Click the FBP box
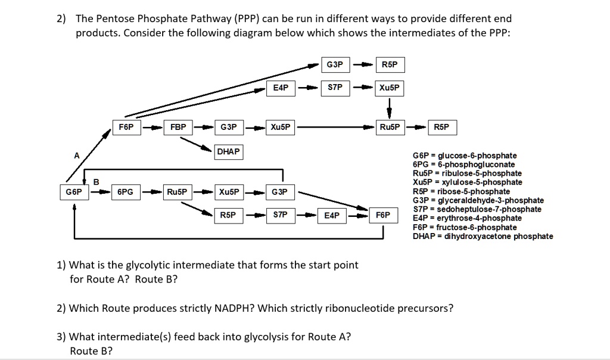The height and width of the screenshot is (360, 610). (x=178, y=128)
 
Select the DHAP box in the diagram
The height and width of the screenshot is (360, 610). (x=228, y=151)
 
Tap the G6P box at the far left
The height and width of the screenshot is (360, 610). (x=74, y=192)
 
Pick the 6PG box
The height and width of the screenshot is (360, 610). (x=125, y=192)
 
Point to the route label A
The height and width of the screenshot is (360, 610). (x=76, y=156)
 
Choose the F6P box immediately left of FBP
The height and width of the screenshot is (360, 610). (x=126, y=128)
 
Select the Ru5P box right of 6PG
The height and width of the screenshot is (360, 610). (x=177, y=192)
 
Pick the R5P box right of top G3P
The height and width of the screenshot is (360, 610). (x=389, y=64)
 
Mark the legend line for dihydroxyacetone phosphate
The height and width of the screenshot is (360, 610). (x=483, y=236)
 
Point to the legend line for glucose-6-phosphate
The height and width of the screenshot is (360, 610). (x=464, y=156)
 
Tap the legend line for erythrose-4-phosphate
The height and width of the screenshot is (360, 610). (x=467, y=218)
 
